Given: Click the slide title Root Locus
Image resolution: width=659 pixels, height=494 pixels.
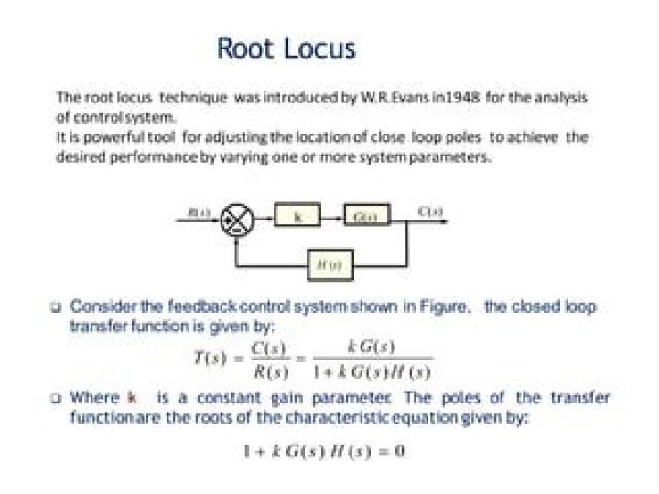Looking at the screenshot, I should click(286, 48).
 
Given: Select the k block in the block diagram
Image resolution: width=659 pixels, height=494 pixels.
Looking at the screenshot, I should click(297, 217).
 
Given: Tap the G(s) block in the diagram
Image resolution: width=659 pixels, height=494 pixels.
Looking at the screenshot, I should click(366, 217).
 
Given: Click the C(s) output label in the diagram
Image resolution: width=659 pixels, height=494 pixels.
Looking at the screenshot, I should click(431, 211).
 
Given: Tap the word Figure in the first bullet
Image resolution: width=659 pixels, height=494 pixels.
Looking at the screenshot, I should click(444, 306).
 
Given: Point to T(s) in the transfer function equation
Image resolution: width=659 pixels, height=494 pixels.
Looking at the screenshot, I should click(213, 359).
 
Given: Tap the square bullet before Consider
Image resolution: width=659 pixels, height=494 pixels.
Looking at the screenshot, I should click(57, 307).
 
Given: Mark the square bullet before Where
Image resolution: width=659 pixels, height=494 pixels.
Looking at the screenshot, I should click(57, 399).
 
